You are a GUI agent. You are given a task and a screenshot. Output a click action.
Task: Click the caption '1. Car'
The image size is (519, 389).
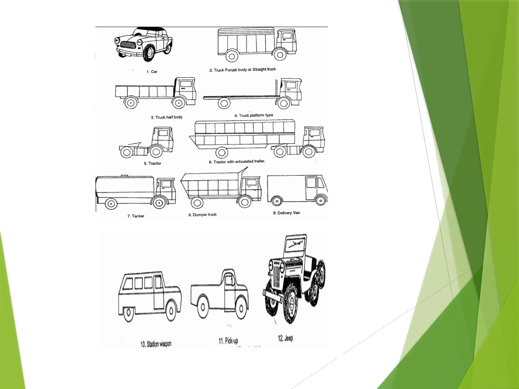coord(152,72)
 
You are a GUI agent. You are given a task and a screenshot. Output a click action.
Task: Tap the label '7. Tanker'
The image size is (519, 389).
coord(136,216)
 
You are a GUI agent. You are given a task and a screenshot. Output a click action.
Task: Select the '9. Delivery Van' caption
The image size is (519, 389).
coord(286,213)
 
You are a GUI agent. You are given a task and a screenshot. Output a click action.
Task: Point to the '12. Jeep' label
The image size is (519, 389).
coord(285,338)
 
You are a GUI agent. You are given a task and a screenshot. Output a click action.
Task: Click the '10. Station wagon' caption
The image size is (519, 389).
coord(156,344)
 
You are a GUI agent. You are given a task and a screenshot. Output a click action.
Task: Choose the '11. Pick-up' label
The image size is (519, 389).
coord(228,341)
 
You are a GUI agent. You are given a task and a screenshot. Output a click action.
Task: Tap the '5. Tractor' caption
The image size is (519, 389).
coord(152,163)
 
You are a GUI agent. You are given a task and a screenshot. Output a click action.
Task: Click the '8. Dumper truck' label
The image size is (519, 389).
coord(202,215)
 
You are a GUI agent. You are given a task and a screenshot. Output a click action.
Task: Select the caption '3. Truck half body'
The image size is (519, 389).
coord(166,117)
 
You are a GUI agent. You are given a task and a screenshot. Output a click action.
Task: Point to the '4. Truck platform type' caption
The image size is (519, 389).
coord(253,115)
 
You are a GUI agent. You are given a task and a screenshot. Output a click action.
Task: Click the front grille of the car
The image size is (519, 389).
coord(128,45)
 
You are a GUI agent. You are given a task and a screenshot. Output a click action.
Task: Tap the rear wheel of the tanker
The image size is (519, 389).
coord(111,204)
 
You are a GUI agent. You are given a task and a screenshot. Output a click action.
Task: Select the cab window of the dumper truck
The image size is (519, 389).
coord(251,182)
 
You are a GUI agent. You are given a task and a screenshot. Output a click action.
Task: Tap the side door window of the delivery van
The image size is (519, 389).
coord(311,182)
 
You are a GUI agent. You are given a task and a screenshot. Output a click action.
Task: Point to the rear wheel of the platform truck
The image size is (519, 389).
coord(224,103)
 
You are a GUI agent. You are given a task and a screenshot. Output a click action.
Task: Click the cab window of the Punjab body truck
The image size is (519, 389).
coord(287,35)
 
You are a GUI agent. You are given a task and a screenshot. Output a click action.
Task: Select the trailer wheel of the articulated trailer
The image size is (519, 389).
coord(222,152)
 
